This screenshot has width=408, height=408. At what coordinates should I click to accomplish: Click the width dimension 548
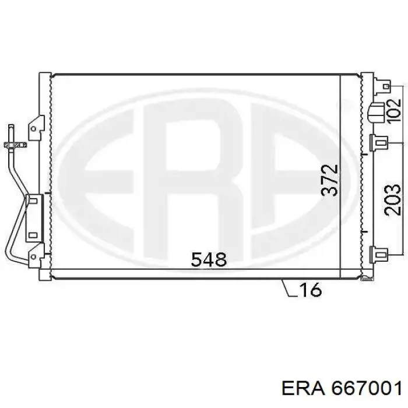click(x=209, y=259)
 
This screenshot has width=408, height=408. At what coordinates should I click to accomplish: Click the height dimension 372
click(x=329, y=180)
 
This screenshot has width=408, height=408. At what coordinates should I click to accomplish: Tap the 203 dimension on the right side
click(x=392, y=200)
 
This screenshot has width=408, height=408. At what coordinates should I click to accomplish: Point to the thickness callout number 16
click(x=311, y=290)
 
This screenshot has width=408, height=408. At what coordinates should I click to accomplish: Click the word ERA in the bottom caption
click(x=303, y=389)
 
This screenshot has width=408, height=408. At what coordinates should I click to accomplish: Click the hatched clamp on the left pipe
click(x=15, y=145)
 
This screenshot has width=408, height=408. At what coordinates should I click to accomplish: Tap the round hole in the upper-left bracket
click(x=33, y=129)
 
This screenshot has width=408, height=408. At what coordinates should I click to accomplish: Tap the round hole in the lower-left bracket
click(x=33, y=257)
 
